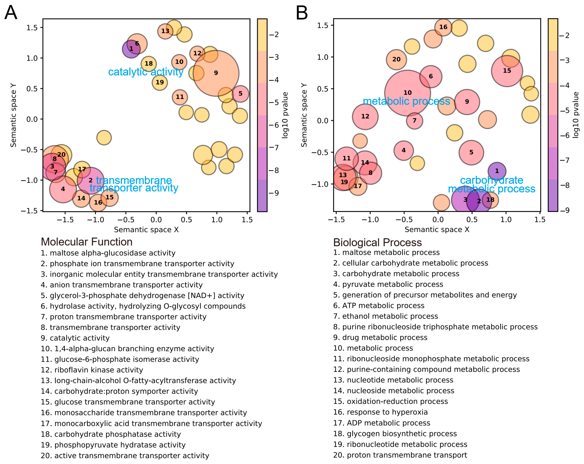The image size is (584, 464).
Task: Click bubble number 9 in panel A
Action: point(216,73)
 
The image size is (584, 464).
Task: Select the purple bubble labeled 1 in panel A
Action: point(131,49)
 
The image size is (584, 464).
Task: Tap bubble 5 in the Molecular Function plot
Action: point(240,94)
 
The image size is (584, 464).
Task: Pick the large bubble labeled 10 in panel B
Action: point(407,93)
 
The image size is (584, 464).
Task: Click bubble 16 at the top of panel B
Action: point(443,27)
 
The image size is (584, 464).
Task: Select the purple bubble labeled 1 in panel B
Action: point(497,171)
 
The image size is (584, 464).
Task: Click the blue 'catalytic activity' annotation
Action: point(146,72)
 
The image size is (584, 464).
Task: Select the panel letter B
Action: point(302,13)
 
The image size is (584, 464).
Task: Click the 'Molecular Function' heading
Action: point(87,242)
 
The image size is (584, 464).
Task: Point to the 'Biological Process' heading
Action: point(377,242)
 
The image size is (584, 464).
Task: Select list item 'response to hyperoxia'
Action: point(380,412)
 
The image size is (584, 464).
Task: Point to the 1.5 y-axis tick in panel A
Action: point(32,28)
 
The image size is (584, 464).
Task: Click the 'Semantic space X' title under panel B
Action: point(437,230)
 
